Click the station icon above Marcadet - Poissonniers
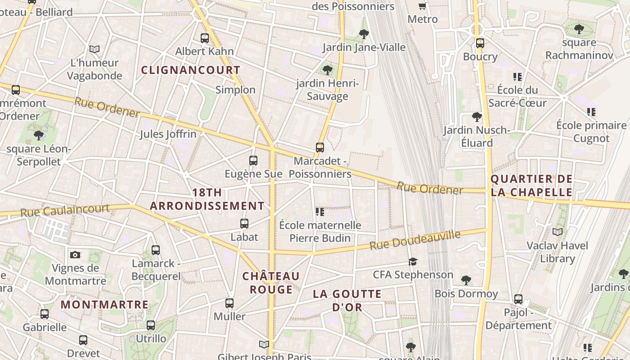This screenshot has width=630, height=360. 320,148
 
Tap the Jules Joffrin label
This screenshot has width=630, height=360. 168,134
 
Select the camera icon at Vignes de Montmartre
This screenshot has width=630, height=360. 75,255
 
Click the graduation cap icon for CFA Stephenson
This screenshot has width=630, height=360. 413,261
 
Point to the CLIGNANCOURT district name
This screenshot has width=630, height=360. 191,70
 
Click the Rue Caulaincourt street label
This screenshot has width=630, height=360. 65,210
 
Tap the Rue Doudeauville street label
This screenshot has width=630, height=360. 415,240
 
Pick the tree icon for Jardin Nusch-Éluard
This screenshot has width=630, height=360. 477,117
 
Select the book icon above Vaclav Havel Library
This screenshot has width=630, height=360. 557,232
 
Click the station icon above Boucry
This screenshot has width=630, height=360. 480,43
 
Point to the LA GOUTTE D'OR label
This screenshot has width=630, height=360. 347,301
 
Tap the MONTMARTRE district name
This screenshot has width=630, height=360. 104,305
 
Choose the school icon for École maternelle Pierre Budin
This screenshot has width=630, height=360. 320,211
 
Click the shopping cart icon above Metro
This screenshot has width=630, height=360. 422,6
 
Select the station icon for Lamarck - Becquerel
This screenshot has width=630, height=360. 156,250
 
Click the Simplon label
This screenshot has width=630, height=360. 235,90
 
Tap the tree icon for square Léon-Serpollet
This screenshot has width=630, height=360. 39,135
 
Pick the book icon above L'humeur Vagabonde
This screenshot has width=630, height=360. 94,49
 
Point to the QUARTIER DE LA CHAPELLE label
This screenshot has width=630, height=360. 531,186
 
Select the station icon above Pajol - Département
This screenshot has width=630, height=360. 518,299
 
